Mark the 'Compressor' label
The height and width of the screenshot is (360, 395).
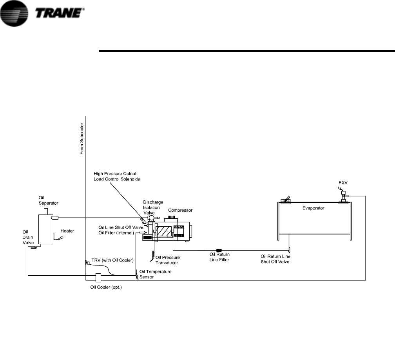[180, 211]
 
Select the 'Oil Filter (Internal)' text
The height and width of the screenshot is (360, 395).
[116, 233]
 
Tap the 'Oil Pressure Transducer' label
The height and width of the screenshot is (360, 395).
[168, 260]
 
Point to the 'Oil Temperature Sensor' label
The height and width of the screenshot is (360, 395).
[156, 274]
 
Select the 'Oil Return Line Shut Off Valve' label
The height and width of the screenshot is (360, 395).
[275, 259]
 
